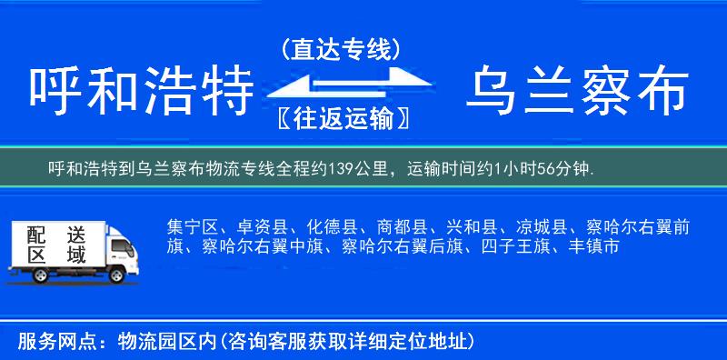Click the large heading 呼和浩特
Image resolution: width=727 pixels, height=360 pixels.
click(x=140, y=92)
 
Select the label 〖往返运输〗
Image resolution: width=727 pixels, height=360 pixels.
click(x=341, y=118)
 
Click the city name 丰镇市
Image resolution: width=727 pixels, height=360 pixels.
click(x=593, y=246)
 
